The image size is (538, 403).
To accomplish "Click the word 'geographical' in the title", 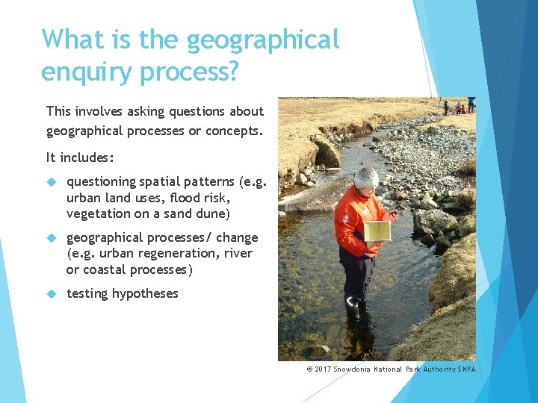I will click(262, 39).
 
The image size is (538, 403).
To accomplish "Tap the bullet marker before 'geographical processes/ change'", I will click(52, 238).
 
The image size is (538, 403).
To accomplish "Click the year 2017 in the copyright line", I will click(322, 369).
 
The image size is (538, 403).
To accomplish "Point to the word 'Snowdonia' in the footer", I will click(358, 369).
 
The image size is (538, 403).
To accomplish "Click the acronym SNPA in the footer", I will click(466, 369).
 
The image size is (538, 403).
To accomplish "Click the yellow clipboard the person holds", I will click(377, 231).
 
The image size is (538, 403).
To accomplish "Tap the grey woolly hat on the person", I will click(366, 178).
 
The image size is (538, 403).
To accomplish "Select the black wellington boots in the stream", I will click(353, 306).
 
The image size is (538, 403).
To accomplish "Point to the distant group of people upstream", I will click(458, 106).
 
